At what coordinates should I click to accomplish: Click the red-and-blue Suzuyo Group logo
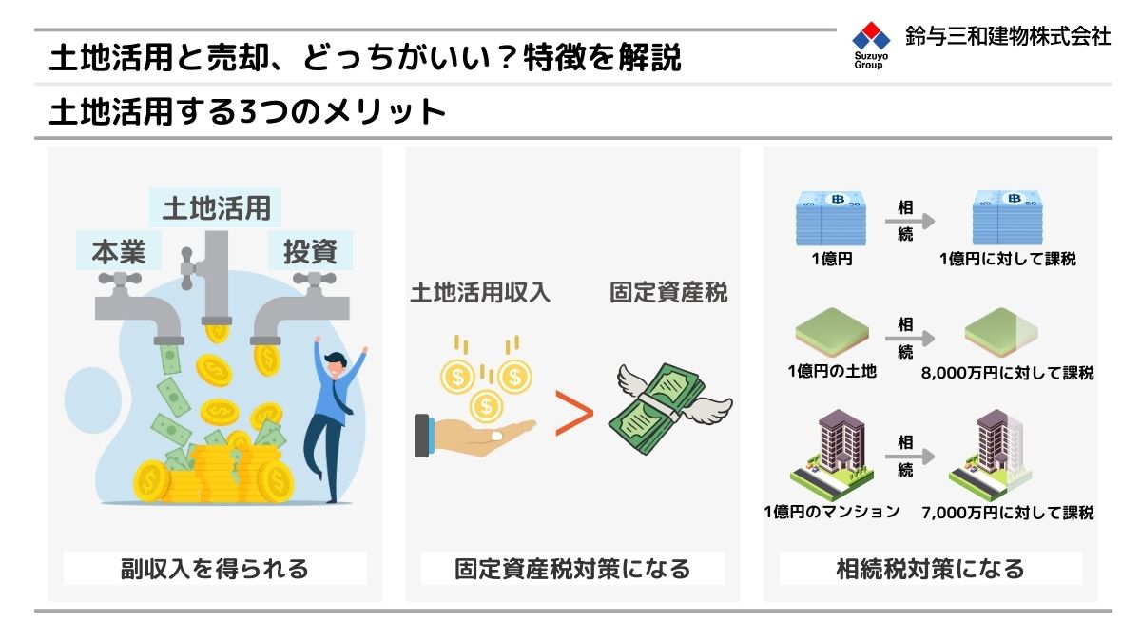point(871,45)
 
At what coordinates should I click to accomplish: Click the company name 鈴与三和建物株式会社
point(1008,36)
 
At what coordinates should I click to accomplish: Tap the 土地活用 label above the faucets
point(216,208)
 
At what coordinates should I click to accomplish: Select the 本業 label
point(119,252)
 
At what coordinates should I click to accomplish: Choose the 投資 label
point(310,252)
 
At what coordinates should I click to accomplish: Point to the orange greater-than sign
point(573,413)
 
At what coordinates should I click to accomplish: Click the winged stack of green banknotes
point(669,408)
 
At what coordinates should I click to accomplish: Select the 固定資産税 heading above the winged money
point(668,293)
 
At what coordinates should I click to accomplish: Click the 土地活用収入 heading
point(480,293)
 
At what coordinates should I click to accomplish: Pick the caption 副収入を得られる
point(215,569)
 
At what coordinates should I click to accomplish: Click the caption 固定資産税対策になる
point(572,569)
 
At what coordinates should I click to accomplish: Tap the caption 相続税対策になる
point(930,569)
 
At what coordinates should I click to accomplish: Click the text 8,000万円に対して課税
point(1007,373)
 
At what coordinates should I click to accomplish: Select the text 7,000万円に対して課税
point(1007,512)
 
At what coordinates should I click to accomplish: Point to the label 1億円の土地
point(832,371)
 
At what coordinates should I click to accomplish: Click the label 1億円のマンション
point(832,511)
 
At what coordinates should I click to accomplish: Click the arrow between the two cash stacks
point(910,221)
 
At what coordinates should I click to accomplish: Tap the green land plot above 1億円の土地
point(832,332)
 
